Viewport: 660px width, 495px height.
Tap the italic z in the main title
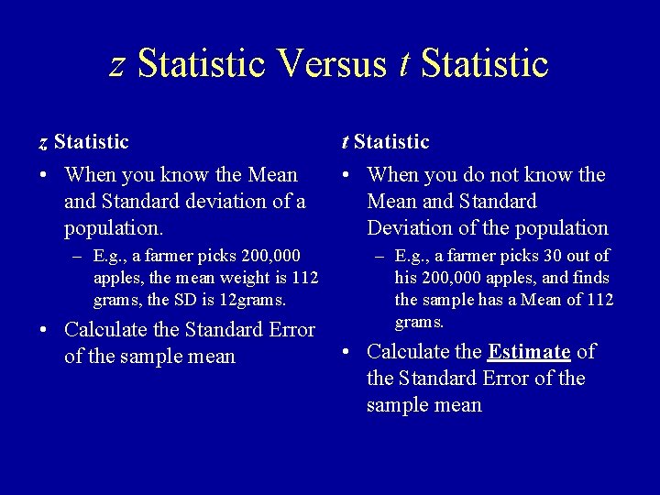pyautogui.click(x=117, y=64)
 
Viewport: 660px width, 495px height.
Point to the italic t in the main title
pyautogui.click(x=405, y=63)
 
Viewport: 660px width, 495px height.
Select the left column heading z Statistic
pyautogui.click(x=83, y=142)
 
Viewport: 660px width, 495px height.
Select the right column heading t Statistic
pyautogui.click(x=385, y=142)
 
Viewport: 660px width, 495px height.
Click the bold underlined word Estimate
pyautogui.click(x=529, y=351)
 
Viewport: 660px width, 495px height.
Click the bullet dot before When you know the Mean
pyautogui.click(x=44, y=174)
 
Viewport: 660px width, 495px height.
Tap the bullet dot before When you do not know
pyautogui.click(x=346, y=174)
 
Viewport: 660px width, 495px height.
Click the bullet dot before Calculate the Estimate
pyautogui.click(x=346, y=351)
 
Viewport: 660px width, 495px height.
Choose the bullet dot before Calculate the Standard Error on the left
pyautogui.click(x=44, y=329)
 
